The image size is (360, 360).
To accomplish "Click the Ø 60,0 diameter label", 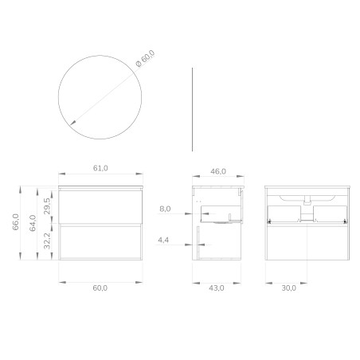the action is (145, 58).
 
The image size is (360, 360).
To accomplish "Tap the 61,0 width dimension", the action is (100, 168).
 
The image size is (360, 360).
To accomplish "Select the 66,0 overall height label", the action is (16, 222).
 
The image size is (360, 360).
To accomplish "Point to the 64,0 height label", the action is (33, 223).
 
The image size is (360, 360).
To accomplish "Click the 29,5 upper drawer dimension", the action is (47, 206).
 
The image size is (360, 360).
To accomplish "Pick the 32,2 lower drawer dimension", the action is (47, 241).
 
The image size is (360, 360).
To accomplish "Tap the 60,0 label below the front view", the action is (100, 288).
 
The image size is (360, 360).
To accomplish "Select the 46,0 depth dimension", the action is (218, 171).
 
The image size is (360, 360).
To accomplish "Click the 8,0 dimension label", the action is (165, 209).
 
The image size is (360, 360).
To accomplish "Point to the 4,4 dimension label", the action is (163, 241).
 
